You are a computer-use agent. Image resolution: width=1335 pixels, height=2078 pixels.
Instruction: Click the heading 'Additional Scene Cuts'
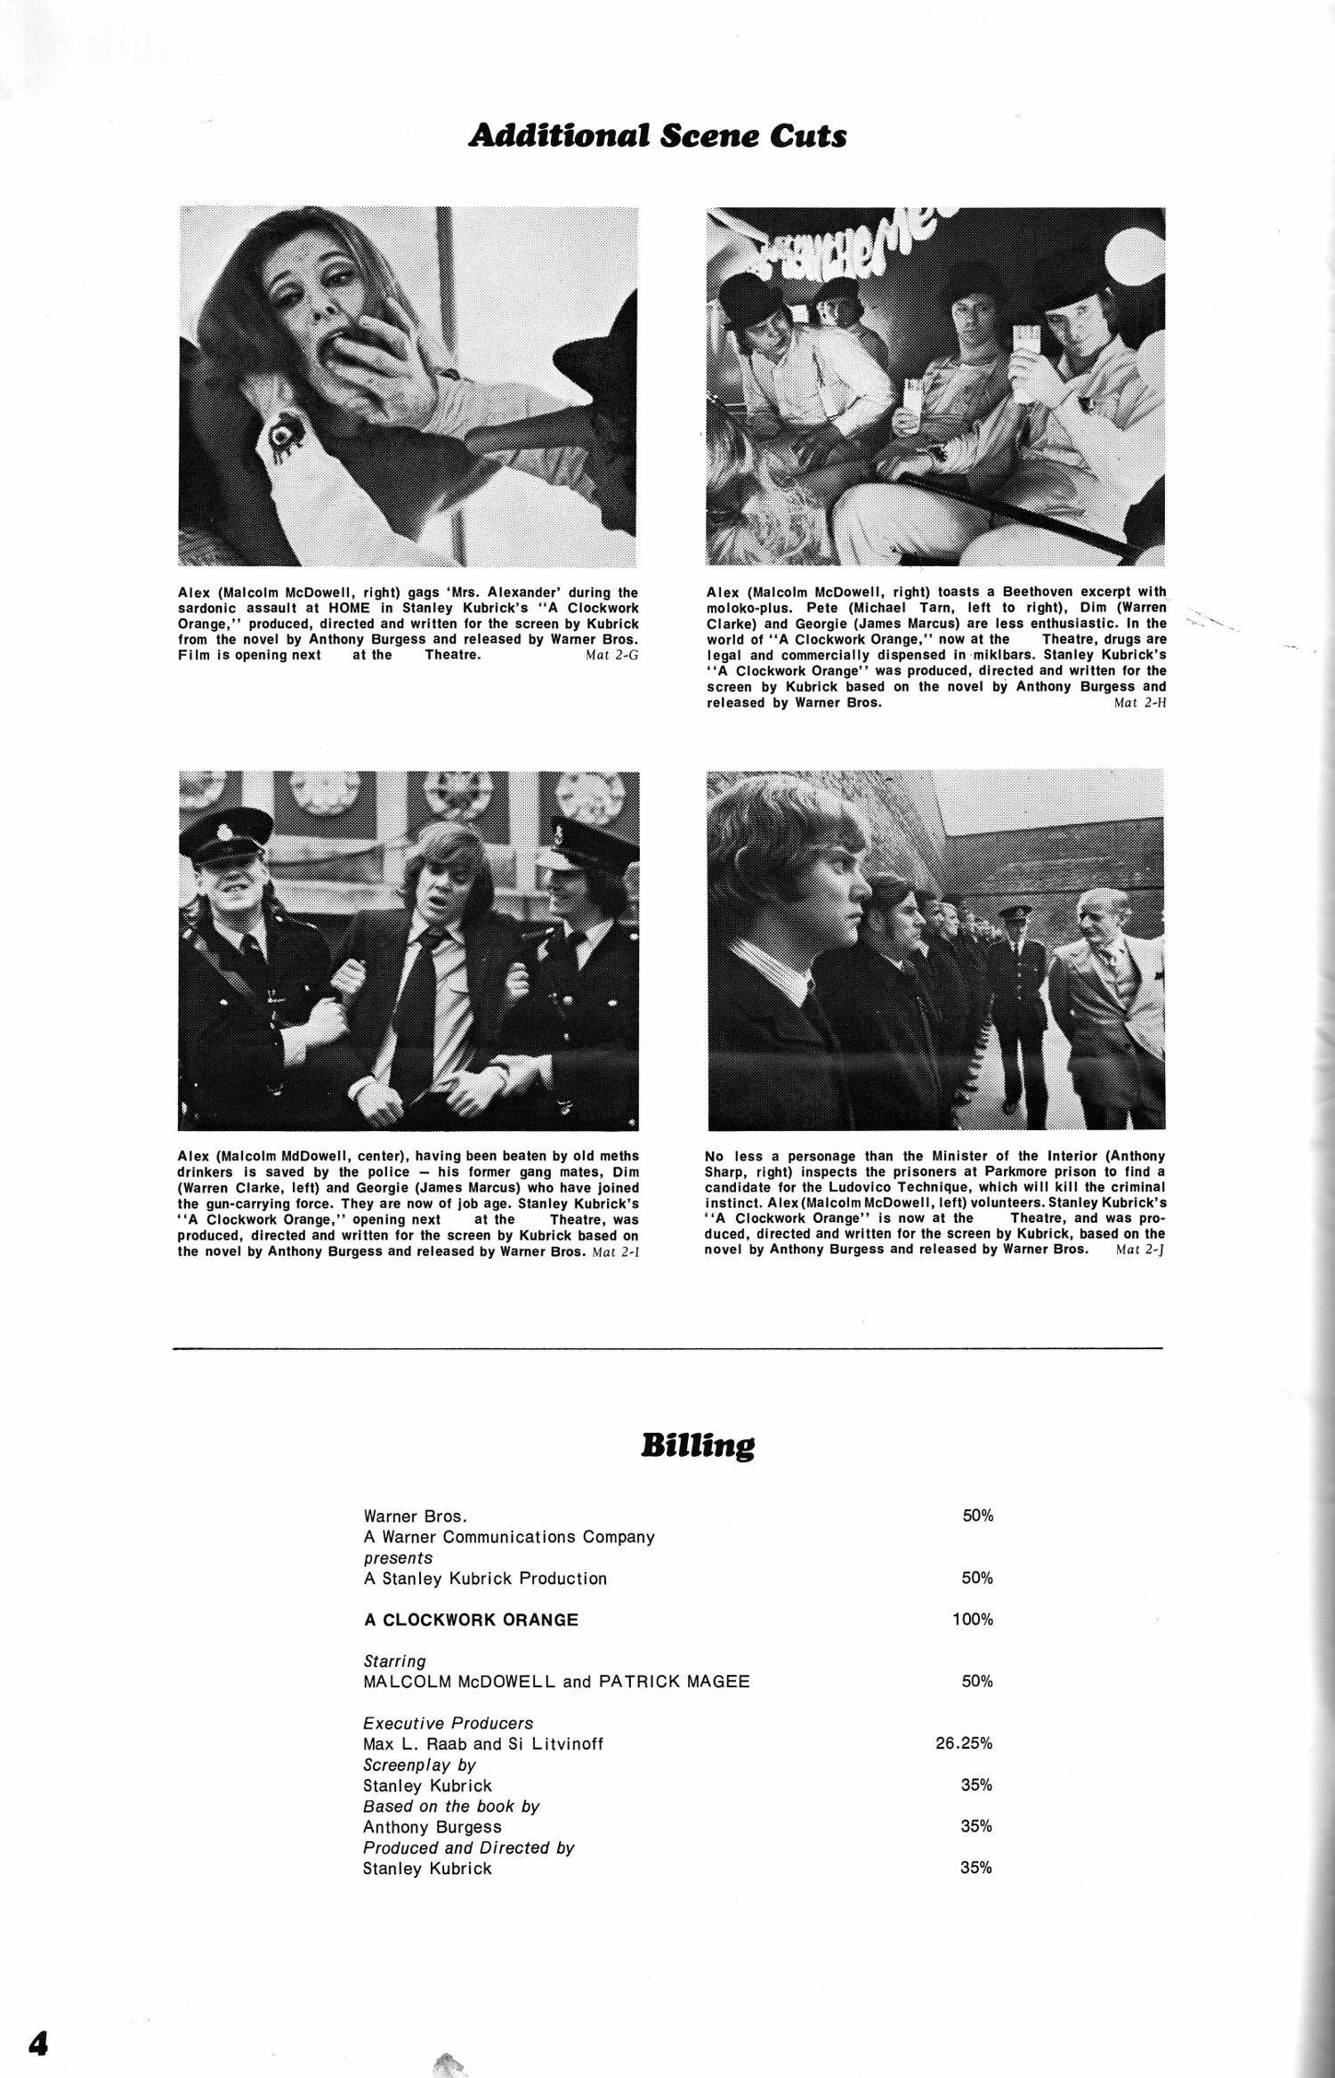[x=657, y=136]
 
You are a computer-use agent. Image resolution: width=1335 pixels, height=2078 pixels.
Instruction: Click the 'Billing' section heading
[x=697, y=1446]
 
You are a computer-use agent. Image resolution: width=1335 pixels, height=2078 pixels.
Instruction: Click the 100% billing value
[x=972, y=1620]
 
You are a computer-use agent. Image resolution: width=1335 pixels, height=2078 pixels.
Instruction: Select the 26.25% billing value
[x=964, y=1743]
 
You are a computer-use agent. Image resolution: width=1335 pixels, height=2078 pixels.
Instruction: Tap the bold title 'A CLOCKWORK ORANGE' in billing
[x=471, y=1621]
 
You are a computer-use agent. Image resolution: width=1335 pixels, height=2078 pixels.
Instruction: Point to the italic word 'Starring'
[x=394, y=1662]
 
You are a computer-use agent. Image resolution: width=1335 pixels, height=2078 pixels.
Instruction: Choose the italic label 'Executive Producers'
[x=448, y=1723]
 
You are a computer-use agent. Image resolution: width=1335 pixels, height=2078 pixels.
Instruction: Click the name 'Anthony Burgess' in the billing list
[x=433, y=1827]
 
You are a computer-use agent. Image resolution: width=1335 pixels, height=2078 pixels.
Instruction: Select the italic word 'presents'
[x=398, y=1558]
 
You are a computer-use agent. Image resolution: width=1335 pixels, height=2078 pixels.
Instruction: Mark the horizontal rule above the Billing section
[x=667, y=1349]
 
